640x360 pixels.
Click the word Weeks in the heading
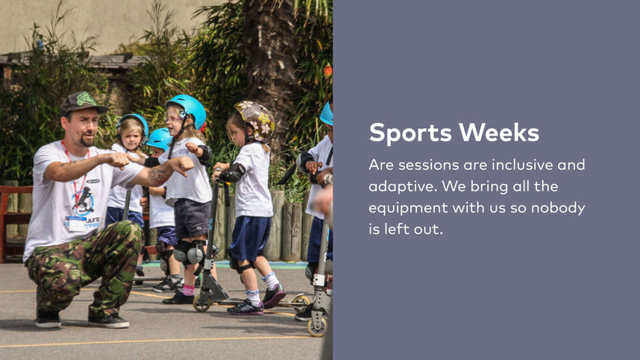pyautogui.click(x=499, y=132)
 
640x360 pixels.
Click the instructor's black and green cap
pyautogui.click(x=83, y=103)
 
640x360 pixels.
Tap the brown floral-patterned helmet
pyautogui.click(x=256, y=119)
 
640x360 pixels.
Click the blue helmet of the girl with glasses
pyautogui.click(x=188, y=110)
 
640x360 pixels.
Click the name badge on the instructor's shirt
pyautogui.click(x=77, y=224)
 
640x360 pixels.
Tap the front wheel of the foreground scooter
pyautogui.click(x=318, y=326)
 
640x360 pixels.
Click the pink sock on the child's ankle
pyautogui.click(x=188, y=290)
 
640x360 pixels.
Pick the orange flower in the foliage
pyautogui.click(x=327, y=71)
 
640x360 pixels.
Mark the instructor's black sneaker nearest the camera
pyautogui.click(x=48, y=320)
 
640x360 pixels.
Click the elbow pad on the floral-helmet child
pyautogui.click(x=233, y=173)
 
